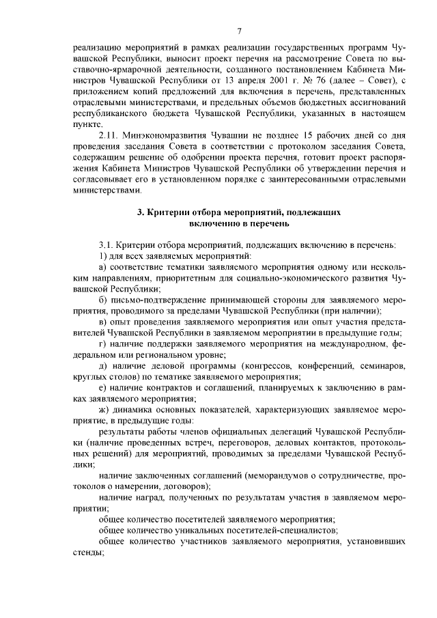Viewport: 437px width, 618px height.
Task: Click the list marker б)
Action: coord(103,300)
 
